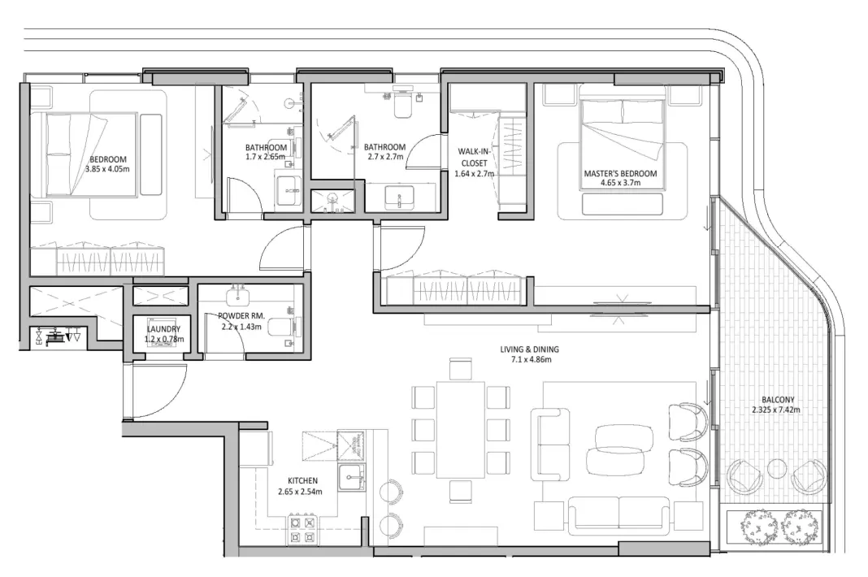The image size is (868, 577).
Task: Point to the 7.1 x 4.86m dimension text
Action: pos(530,358)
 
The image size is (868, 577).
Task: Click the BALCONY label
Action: pos(778,399)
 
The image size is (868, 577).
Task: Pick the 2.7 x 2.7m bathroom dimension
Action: pos(384,157)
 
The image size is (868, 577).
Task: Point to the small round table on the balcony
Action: pos(774,469)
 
